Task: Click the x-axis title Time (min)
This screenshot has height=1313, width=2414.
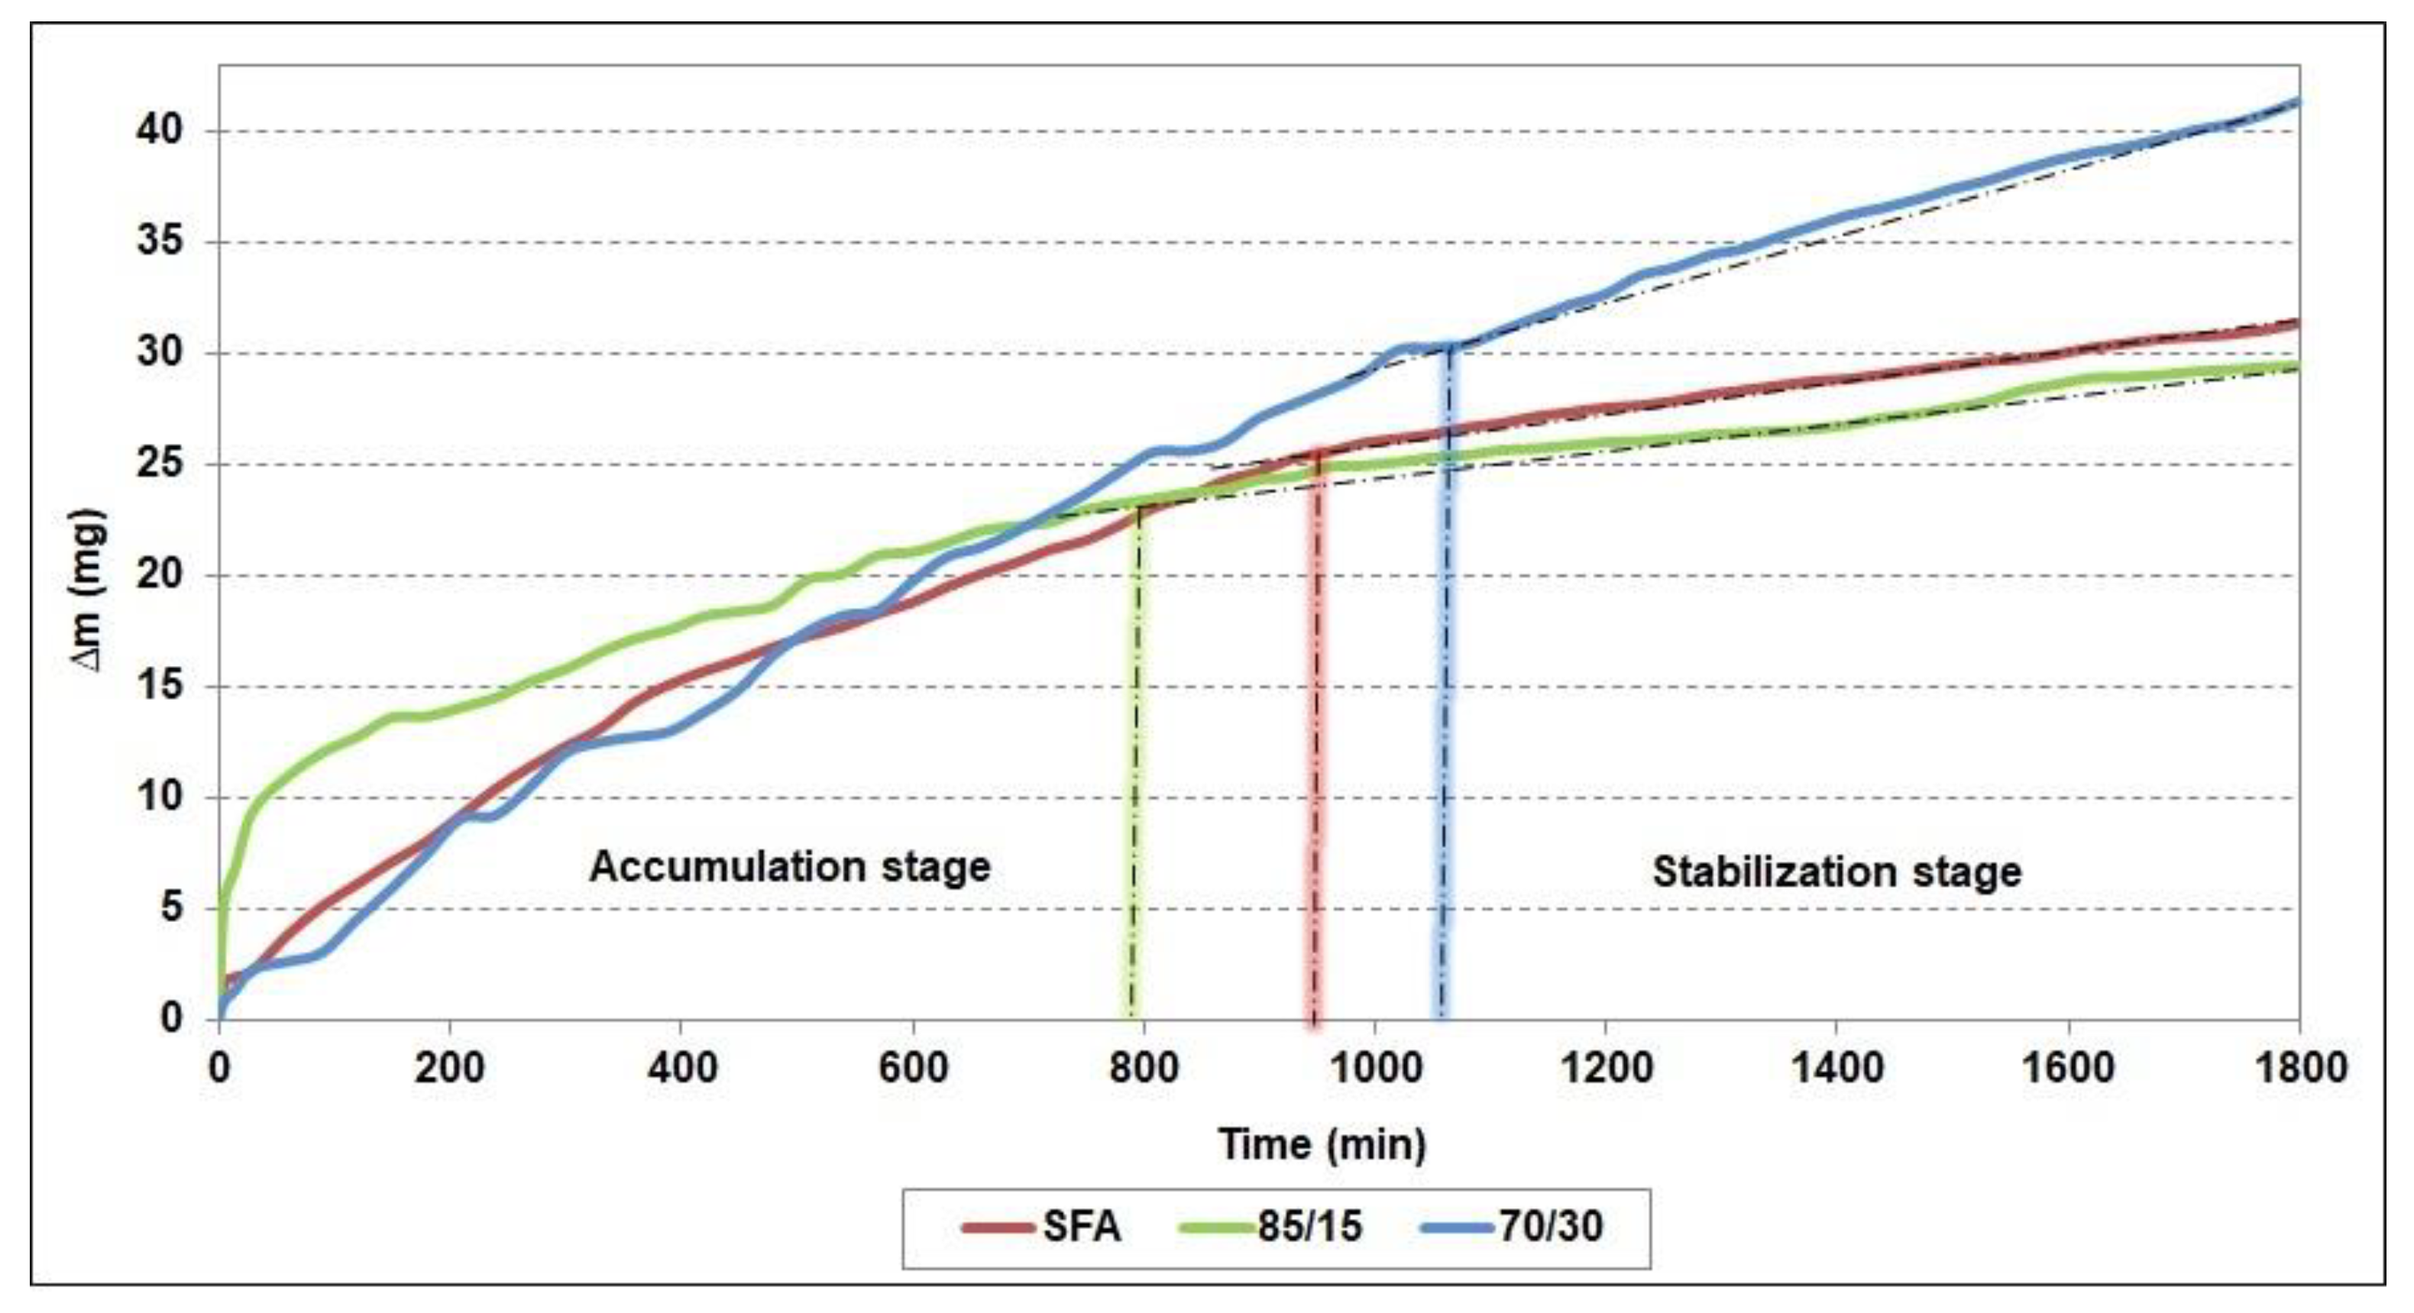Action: (1322, 1144)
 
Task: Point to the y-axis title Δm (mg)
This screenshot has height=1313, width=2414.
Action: (89, 590)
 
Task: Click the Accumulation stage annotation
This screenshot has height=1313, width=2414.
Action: (789, 867)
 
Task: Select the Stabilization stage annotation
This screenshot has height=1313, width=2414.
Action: (1836, 872)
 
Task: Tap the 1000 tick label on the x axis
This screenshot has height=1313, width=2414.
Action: (1375, 1069)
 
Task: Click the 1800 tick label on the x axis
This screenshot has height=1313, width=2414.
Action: (2299, 1069)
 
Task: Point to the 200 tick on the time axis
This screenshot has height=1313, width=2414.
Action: (450, 1069)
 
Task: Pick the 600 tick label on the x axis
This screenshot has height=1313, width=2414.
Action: (913, 1069)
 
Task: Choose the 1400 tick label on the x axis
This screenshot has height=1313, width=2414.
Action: (1836, 1069)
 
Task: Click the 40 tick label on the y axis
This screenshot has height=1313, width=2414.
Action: (160, 131)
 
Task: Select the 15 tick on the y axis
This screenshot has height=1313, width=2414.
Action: (160, 686)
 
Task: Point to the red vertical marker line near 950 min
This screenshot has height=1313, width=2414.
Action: (1315, 750)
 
